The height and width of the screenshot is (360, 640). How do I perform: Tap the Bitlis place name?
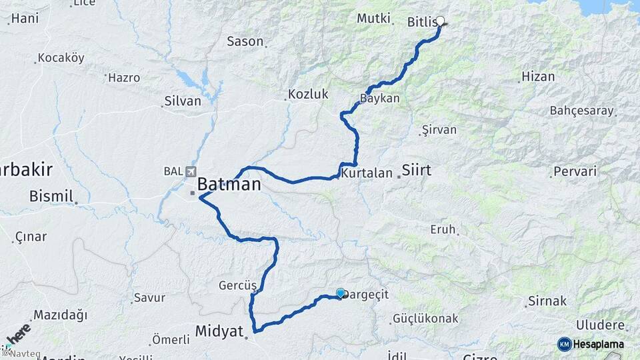click(x=421, y=23)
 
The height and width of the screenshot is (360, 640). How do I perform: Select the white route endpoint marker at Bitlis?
click(x=440, y=21)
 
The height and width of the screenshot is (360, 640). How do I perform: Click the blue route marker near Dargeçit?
click(x=341, y=293)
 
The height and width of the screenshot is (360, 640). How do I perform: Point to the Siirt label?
click(x=417, y=171)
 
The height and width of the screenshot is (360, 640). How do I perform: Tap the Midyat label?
click(x=219, y=331)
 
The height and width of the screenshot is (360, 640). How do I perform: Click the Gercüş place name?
click(x=237, y=285)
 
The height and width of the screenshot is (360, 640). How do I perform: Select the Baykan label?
click(x=380, y=99)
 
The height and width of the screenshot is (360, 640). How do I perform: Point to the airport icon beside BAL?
click(x=193, y=171)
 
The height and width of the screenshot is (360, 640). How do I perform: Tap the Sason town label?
click(x=245, y=41)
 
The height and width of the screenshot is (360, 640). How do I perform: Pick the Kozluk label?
click(x=308, y=95)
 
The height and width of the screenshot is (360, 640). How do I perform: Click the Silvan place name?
click(x=182, y=101)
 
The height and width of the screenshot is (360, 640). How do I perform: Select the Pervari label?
click(x=575, y=172)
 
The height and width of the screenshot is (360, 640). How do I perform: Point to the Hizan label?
click(x=539, y=77)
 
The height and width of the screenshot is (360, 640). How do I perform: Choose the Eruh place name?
click(x=443, y=229)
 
